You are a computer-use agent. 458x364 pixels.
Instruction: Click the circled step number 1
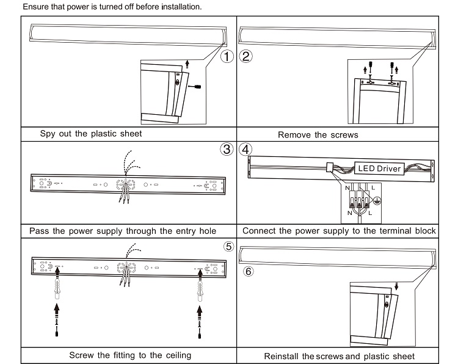pos(227,57)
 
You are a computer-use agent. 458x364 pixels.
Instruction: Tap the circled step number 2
pos(246,57)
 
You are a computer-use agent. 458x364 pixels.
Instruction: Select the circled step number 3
pos(227,149)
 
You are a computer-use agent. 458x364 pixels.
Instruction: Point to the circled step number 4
pos(246,149)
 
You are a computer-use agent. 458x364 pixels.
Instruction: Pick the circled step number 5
pos(228,247)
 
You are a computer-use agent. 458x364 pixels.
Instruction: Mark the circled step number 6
pos(248,271)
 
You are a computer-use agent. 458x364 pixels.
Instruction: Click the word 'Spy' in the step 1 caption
pos(48,134)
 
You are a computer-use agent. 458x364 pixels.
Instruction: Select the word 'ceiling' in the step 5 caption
pos(176,355)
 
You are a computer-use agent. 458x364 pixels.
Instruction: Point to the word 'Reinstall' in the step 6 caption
pos(281,356)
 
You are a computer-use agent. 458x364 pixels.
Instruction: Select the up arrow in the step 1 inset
pos(187,63)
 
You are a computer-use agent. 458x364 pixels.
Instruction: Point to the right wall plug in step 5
pos(199,286)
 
